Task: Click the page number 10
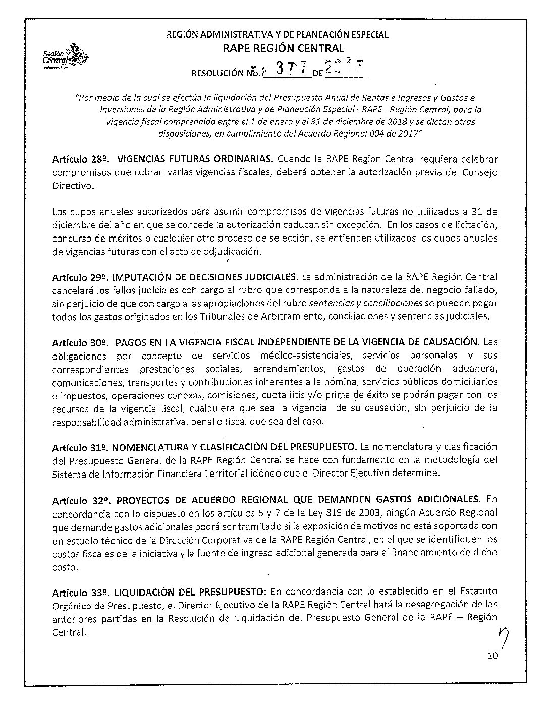click(x=493, y=656)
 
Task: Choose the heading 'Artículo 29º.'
click(x=80, y=277)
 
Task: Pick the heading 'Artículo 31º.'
click(x=79, y=447)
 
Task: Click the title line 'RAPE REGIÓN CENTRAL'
click(x=283, y=48)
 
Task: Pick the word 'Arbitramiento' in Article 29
click(x=289, y=317)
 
